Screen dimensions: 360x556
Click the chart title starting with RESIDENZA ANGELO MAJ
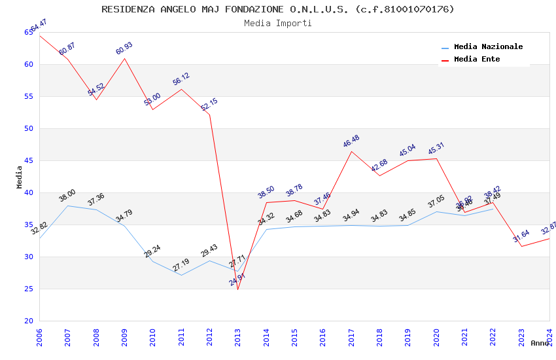[278, 9]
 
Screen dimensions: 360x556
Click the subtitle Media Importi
[278, 23]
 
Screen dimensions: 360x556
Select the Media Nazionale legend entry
[488, 47]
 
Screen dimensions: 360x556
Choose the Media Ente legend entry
[477, 60]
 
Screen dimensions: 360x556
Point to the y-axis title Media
[20, 177]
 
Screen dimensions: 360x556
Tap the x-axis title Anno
[540, 343]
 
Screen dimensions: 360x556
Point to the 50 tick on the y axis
[29, 128]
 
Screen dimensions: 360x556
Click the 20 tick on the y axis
[29, 321]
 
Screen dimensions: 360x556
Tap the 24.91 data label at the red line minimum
[237, 281]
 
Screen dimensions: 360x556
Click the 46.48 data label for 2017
[351, 141]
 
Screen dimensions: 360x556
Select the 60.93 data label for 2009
[124, 48]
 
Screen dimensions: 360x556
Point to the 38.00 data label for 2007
[67, 196]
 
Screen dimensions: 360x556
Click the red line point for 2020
[436, 158]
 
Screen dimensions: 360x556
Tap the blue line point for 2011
[181, 275]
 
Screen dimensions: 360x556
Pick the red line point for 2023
[521, 246]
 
